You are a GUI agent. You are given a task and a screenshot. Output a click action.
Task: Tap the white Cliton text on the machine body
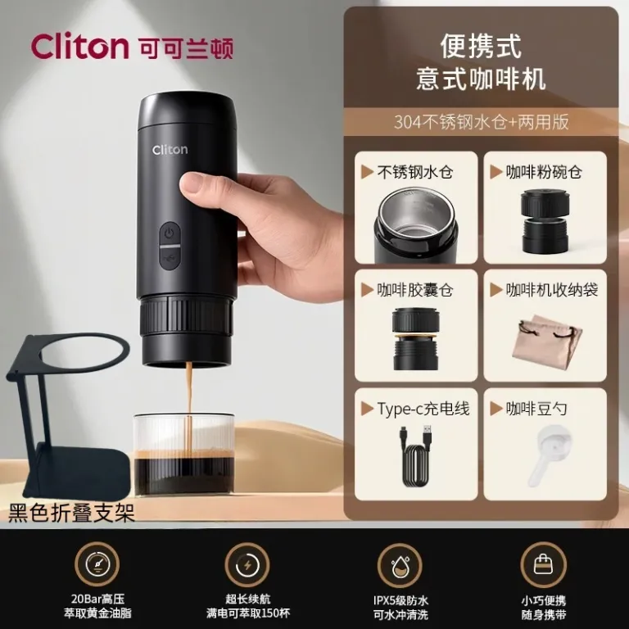[x=170, y=150]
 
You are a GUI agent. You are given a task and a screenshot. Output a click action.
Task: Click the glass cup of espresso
[x=184, y=455]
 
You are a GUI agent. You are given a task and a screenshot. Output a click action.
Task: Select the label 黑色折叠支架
[x=71, y=513]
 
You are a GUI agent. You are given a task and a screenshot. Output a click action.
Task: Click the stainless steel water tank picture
[x=415, y=225]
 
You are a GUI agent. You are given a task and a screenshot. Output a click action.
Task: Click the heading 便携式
[x=481, y=47]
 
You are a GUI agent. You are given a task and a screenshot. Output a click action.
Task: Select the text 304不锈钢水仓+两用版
[x=481, y=121]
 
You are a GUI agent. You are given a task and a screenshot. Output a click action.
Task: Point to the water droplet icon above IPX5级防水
[x=400, y=565]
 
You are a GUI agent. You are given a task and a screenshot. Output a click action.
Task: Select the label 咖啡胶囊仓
[x=414, y=290]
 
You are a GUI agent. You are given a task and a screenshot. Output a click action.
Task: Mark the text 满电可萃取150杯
[x=248, y=613]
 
